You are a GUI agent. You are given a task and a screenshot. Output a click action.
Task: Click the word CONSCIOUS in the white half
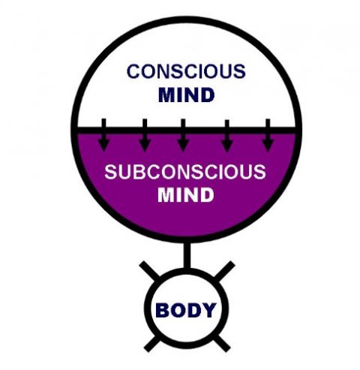[184, 72]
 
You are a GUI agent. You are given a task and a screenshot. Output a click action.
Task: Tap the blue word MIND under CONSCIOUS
[185, 95]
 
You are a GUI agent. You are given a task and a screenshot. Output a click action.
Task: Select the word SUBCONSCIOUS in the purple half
[184, 172]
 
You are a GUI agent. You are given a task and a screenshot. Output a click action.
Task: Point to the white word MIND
[185, 195]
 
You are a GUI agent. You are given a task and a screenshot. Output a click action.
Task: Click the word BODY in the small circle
[186, 310]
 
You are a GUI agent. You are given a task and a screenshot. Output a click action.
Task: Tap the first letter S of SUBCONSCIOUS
[109, 172]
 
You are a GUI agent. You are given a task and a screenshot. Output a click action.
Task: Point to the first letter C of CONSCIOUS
[133, 72]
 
